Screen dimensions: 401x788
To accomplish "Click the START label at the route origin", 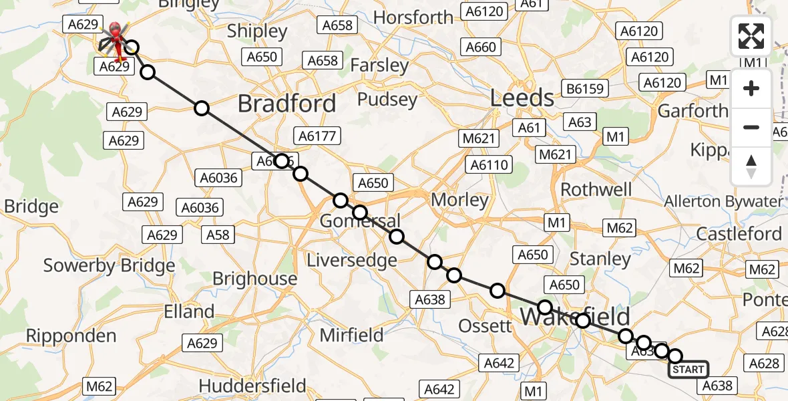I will click(688, 370).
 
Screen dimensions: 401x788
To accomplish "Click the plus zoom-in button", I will click(751, 89).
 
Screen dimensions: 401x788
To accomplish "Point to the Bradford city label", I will click(286, 104).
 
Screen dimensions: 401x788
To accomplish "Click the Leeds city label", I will click(522, 98).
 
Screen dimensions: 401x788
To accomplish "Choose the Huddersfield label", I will click(252, 386).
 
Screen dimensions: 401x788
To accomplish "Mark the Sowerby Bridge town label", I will click(109, 265).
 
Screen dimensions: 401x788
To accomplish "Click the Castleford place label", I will click(739, 234).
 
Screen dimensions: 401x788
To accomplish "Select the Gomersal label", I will click(360, 221).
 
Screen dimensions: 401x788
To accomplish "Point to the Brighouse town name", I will click(254, 279).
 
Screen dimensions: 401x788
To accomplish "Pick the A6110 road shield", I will click(489, 164).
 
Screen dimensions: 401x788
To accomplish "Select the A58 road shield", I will click(218, 235).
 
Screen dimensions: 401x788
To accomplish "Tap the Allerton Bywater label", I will click(723, 201).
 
